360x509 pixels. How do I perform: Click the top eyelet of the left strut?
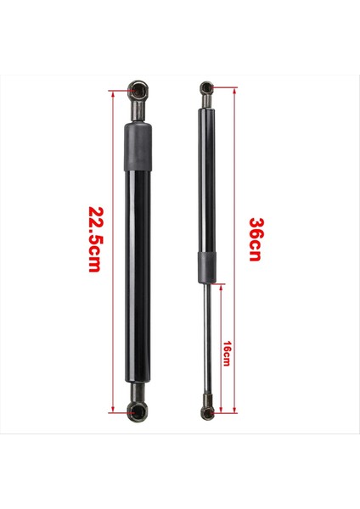(x=139, y=88)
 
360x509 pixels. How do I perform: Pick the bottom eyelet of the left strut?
(x=138, y=412)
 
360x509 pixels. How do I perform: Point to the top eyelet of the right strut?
(x=205, y=87)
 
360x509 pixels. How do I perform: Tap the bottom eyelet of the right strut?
(x=205, y=412)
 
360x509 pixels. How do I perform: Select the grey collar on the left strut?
(x=139, y=146)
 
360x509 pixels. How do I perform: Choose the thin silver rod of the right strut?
(x=205, y=339)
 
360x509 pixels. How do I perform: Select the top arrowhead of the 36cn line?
(x=233, y=88)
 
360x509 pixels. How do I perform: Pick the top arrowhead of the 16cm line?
(x=220, y=286)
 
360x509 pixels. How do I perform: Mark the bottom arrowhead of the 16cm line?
(x=220, y=411)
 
